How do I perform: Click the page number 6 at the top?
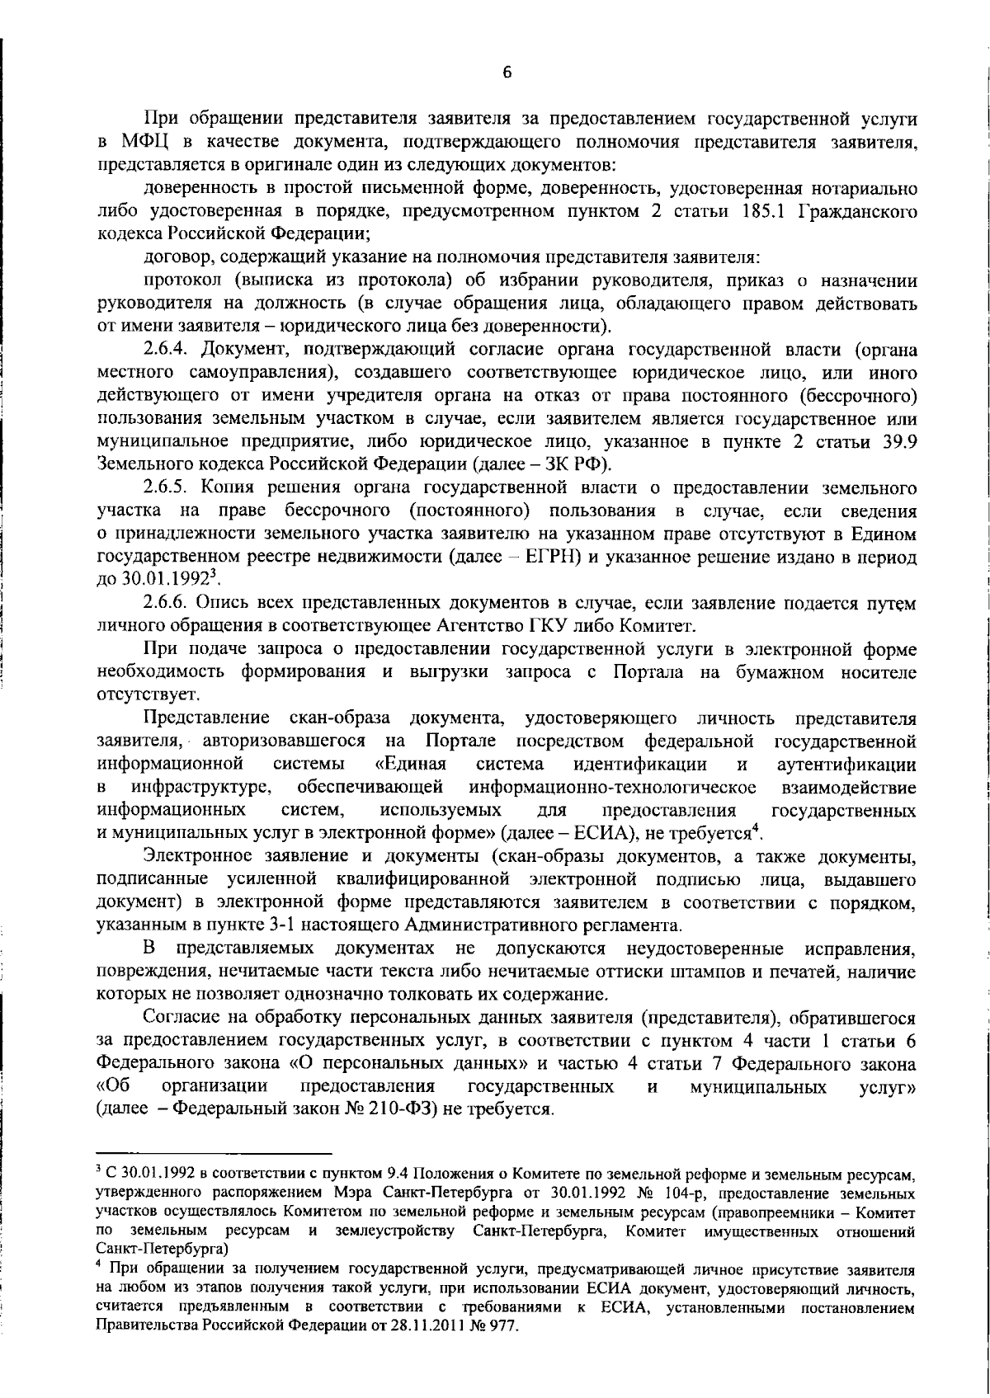[507, 73]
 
